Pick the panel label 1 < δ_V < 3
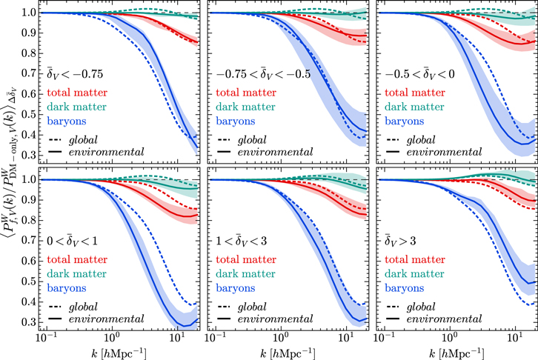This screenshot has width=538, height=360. [246, 240]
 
